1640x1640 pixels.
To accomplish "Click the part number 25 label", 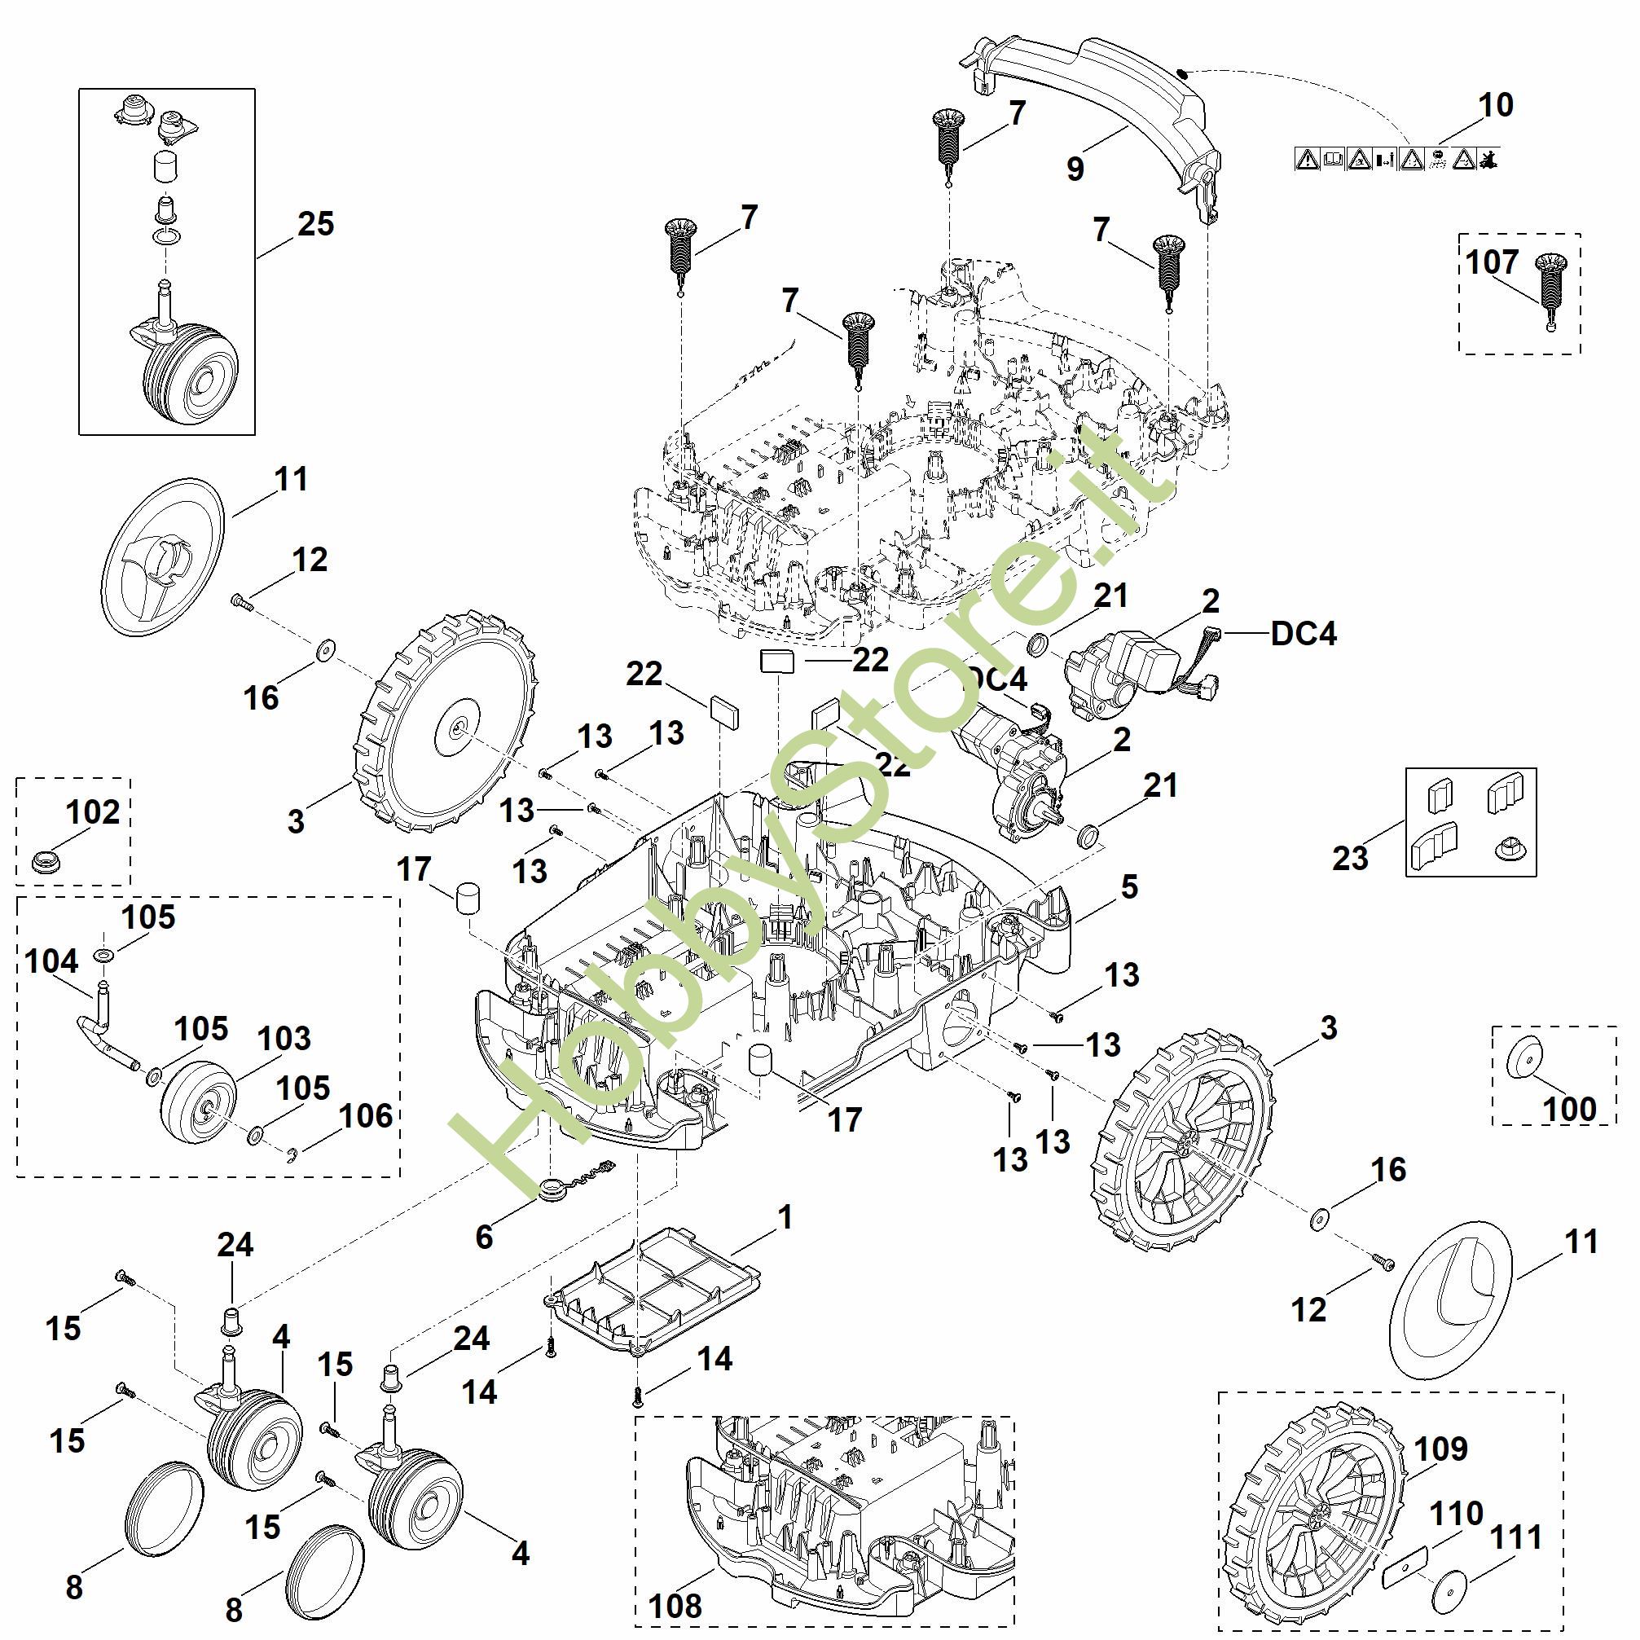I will coord(315,225).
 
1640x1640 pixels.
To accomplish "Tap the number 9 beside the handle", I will coord(1075,169).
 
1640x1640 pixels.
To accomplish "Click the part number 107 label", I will coord(1492,262).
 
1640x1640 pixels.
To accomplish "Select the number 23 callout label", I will coord(1350,858).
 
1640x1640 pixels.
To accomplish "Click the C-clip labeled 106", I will coord(291,1154).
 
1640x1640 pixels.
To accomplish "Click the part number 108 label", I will coord(675,1605).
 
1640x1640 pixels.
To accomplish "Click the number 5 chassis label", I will coord(1129,887).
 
